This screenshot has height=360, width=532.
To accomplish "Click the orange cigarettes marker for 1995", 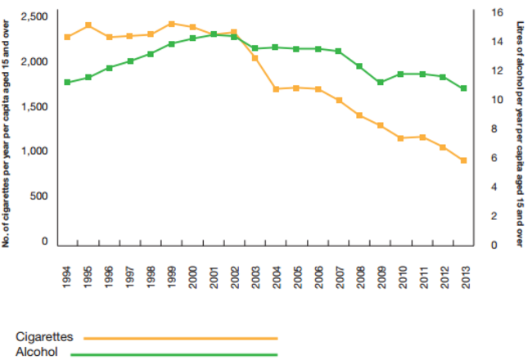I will pos(88,25).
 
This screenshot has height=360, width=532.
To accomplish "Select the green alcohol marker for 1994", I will pos(67,83).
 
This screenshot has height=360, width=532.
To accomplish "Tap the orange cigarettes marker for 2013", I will pos(463,160).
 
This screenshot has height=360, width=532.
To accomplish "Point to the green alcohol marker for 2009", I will pos(380,83).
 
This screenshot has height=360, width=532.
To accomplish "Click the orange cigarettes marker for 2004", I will pos(276,88).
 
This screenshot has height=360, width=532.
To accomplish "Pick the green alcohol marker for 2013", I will pos(463,88).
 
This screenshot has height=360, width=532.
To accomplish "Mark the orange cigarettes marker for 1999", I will pos(171,24).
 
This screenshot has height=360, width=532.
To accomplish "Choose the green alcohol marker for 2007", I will pos(338,51).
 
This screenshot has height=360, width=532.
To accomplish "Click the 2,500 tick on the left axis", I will pos(34,17).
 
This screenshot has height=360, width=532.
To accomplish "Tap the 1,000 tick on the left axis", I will pos(34,151).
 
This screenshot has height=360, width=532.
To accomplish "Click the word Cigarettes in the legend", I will pos(45,336).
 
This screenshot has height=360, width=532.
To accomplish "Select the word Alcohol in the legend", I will pos(37,352).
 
